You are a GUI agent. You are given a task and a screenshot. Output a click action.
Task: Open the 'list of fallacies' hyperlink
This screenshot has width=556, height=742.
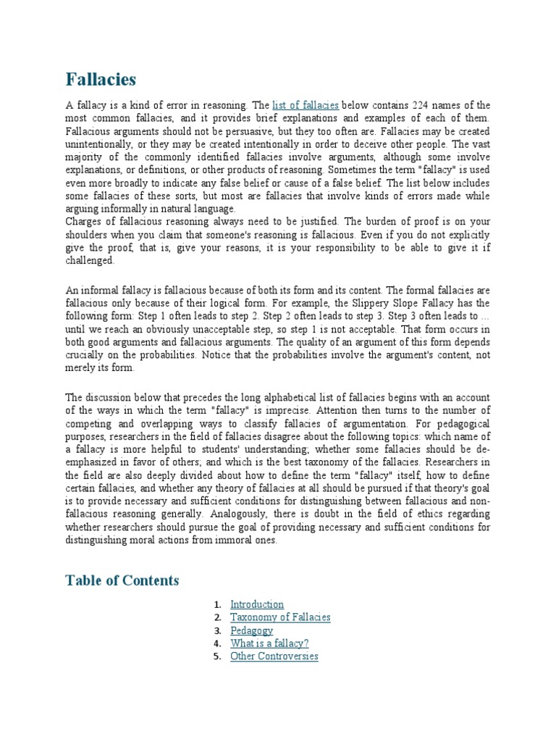pyautogui.click(x=305, y=105)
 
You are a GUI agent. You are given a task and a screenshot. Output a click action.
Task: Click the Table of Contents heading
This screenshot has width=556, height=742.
pyautogui.click(x=122, y=580)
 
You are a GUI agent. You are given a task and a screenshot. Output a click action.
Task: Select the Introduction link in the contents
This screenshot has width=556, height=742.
pyautogui.click(x=256, y=604)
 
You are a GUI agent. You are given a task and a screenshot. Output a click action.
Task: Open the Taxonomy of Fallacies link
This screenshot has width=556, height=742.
pyautogui.click(x=279, y=617)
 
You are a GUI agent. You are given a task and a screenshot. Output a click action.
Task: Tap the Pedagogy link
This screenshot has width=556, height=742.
pyautogui.click(x=251, y=630)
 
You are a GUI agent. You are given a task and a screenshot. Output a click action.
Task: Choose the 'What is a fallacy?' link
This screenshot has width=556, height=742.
pyautogui.click(x=269, y=643)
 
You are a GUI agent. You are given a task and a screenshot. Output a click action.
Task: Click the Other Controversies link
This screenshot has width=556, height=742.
pyautogui.click(x=274, y=656)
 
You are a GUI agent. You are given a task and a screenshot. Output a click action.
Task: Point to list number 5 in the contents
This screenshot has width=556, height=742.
pyautogui.click(x=216, y=656)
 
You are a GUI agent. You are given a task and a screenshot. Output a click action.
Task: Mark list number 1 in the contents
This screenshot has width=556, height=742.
pyautogui.click(x=216, y=604)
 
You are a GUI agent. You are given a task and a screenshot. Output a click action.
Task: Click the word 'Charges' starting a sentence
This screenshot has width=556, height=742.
pyautogui.click(x=84, y=222)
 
